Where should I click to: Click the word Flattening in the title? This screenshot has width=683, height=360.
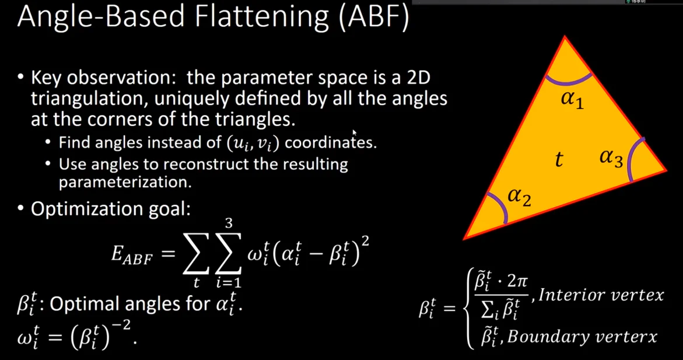point(261,18)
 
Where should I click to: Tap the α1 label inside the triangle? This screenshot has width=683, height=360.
point(572,99)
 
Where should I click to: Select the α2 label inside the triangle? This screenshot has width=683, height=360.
point(519,197)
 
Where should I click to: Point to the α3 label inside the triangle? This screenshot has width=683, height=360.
point(611,158)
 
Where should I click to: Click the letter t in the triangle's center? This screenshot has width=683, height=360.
point(559,159)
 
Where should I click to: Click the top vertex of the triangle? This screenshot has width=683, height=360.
point(565,37)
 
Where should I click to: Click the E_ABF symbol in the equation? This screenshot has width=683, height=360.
point(132,254)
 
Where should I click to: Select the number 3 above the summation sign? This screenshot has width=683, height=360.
point(229,223)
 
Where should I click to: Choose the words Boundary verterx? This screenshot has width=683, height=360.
point(582,337)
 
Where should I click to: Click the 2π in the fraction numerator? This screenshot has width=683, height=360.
point(517,281)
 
